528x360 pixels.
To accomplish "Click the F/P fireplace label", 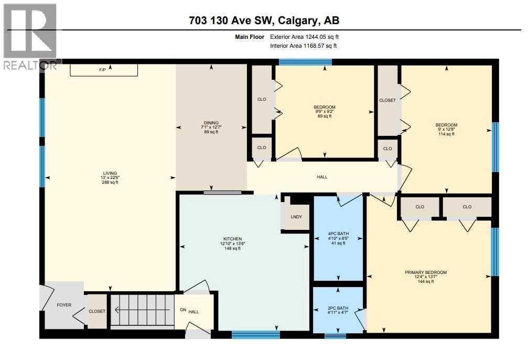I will coord(102,70).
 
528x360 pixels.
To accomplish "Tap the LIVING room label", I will coord(110,173).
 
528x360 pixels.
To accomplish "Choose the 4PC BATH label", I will coord(338,234).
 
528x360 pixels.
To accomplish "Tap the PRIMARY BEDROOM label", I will coord(426,272).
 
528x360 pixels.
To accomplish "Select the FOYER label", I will coord(64,305).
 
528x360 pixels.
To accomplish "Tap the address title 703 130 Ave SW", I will coord(264,21).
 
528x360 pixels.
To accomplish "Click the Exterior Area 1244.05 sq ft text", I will coord(308,37).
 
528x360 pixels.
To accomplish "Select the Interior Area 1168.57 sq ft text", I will coord(303,46).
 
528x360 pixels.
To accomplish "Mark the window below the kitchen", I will coord(256,334).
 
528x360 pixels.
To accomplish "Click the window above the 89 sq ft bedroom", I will coord(305,62).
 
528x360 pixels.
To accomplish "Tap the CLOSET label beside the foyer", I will coord(97,311).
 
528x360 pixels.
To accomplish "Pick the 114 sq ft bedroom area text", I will coord(447,134).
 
